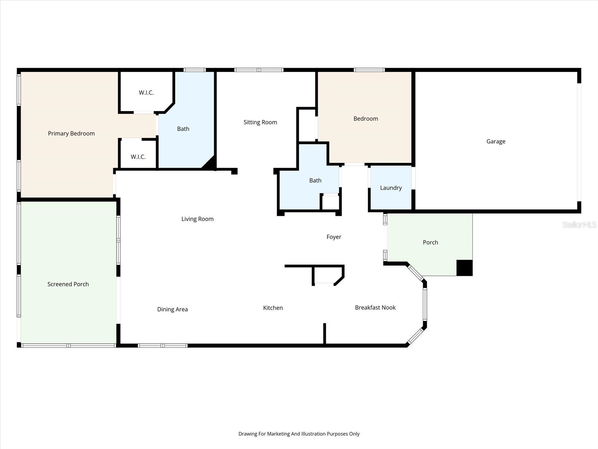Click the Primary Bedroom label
[71, 134]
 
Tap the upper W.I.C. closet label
[146, 92]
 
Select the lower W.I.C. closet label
[138, 157]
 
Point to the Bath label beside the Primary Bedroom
[183, 129]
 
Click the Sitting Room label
[260, 122]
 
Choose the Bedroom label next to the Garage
[366, 119]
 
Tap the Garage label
[496, 141]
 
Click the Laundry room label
[391, 188]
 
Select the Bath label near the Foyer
[315, 180]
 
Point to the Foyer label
[334, 237]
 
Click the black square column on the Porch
[465, 268]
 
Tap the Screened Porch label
[68, 284]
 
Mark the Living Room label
[197, 219]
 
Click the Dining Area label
[172, 309]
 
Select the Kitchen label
[273, 308]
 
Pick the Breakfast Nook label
[375, 308]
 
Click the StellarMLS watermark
[579, 225]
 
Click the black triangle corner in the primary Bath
[209, 164]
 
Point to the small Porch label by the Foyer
[430, 242]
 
